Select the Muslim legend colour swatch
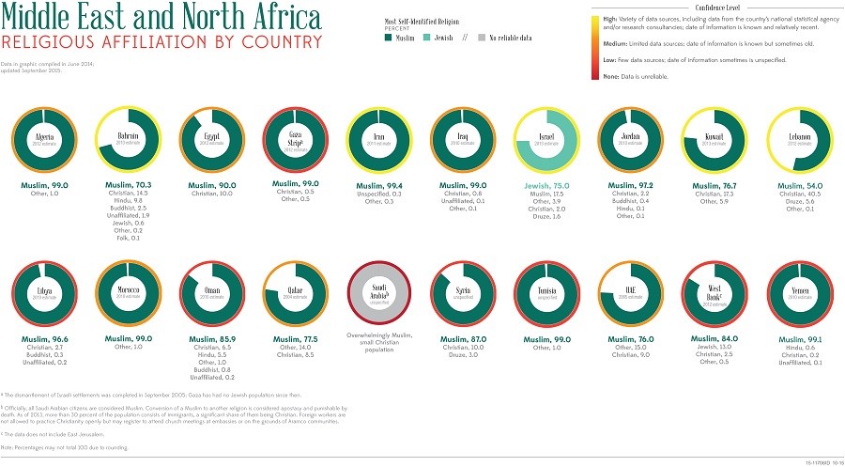(388, 39)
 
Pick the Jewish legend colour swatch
(426, 39)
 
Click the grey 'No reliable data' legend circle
(482, 39)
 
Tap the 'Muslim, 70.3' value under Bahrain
(129, 186)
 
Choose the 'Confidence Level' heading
(710, 6)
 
